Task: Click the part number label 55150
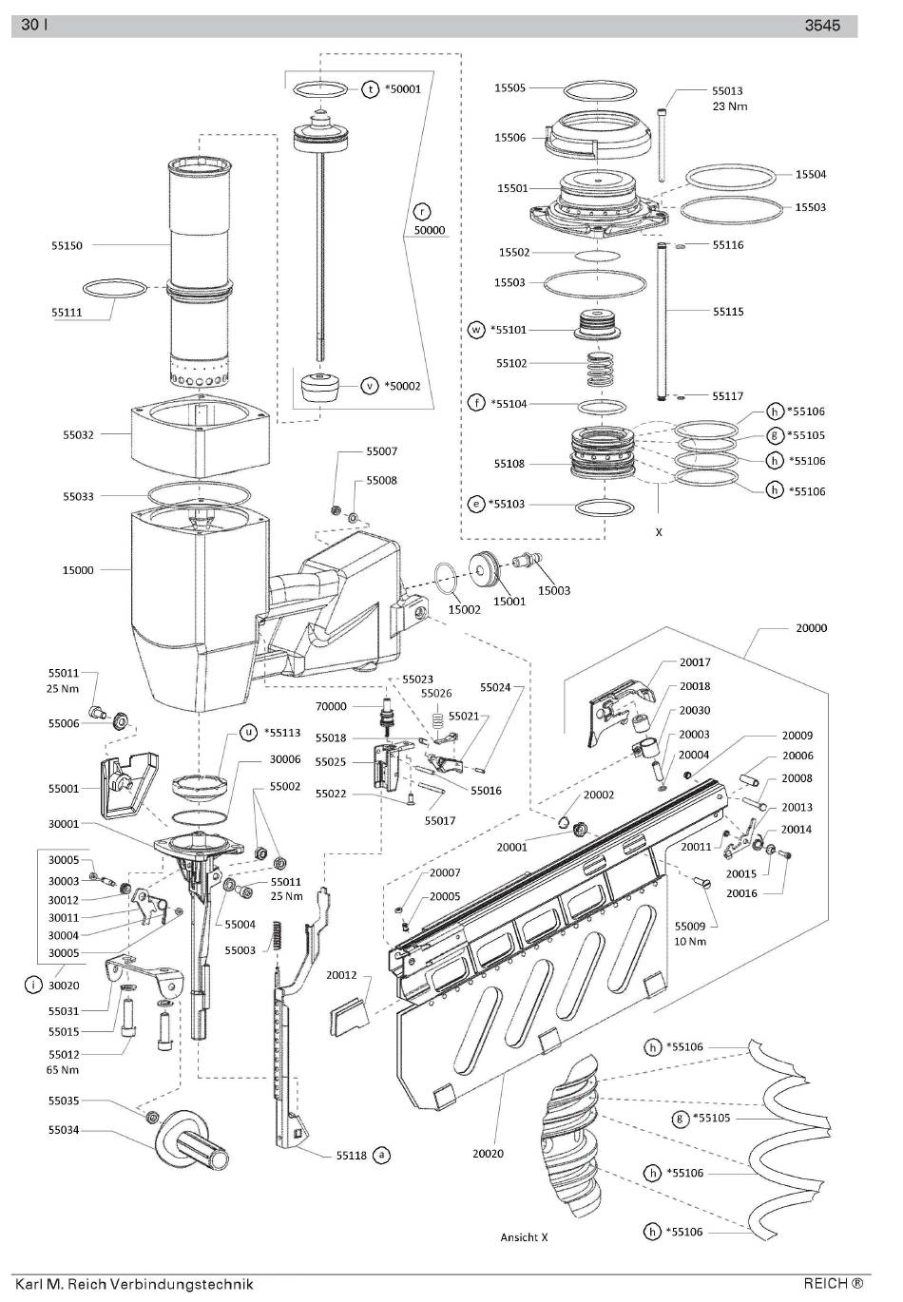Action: coord(67,245)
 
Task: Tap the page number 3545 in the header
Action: coord(822,25)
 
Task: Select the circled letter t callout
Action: coord(371,89)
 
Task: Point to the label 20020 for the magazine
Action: coord(488,1153)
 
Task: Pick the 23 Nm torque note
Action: coord(730,106)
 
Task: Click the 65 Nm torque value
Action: coord(62,1069)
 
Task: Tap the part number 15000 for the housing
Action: coord(78,570)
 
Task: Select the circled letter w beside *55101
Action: coord(476,330)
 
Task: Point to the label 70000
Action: coord(331,706)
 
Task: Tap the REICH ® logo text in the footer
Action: coord(834,1283)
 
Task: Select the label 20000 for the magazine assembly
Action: coord(811,628)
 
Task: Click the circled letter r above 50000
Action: coord(422,212)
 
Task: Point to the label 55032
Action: coord(78,434)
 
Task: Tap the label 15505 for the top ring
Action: coord(509,87)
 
